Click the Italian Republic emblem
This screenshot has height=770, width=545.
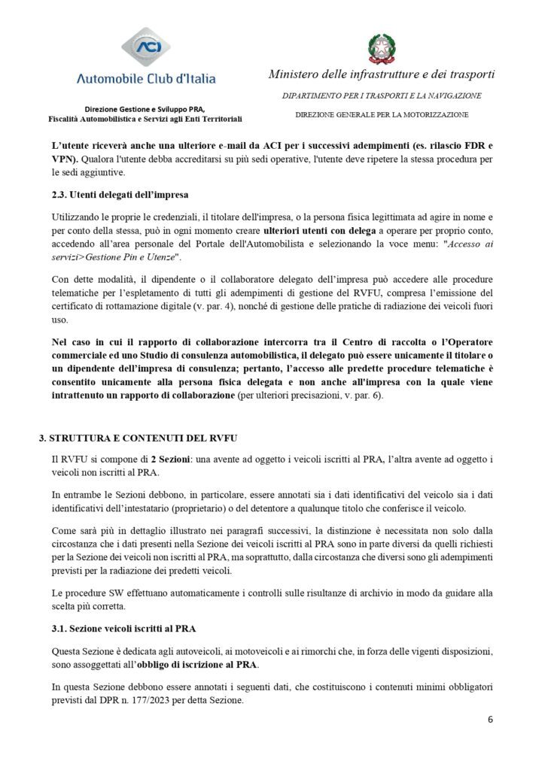click(x=382, y=47)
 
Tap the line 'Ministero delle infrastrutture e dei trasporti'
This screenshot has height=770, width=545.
click(x=382, y=74)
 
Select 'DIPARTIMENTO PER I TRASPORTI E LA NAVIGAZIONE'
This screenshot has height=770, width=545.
click(x=382, y=95)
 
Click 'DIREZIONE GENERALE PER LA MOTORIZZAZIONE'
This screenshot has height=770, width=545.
click(x=382, y=114)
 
